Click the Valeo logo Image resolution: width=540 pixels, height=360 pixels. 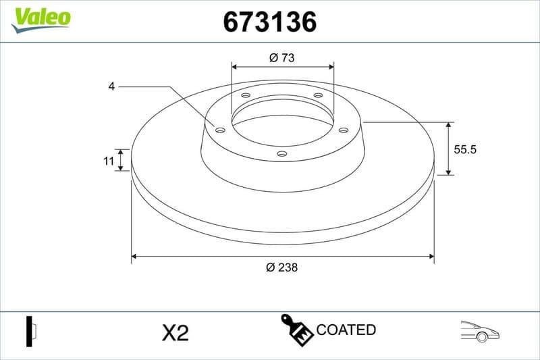point(40,17)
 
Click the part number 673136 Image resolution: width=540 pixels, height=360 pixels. point(270,23)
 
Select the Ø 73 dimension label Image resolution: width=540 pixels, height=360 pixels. point(282,57)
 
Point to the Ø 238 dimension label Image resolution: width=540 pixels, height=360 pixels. point(282,267)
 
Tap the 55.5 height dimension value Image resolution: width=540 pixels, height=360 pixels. point(465,150)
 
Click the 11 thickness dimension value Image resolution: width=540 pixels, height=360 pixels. point(107,160)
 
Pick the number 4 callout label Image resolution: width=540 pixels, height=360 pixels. point(111,86)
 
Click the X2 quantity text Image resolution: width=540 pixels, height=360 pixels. point(175,332)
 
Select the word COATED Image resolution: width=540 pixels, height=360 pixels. point(346,330)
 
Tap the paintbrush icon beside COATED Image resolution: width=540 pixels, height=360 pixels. point(296,329)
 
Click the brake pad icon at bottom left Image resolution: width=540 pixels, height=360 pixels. point(31,330)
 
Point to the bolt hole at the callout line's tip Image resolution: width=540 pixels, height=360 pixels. point(220,129)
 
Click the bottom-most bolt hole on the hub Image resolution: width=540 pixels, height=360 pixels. point(282,154)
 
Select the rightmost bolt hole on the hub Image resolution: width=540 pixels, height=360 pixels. point(343,130)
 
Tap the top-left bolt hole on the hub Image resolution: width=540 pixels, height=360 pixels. point(246,95)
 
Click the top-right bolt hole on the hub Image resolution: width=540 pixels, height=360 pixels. point(318,95)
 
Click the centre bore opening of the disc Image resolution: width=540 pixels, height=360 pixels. point(282,128)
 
